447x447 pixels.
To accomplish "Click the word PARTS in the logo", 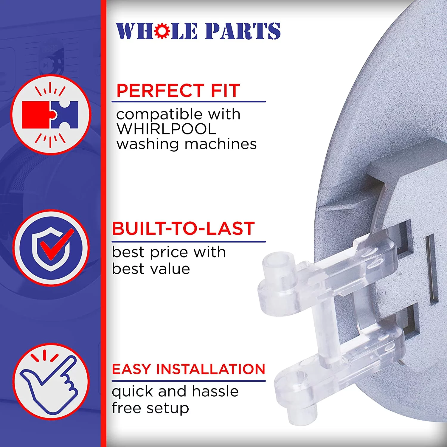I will [x=243, y=31].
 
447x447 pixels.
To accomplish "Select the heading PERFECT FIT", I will [x=178, y=91].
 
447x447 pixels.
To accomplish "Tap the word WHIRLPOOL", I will [x=166, y=129].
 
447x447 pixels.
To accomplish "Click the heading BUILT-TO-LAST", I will [x=183, y=229].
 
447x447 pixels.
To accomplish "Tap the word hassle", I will [x=215, y=391].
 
